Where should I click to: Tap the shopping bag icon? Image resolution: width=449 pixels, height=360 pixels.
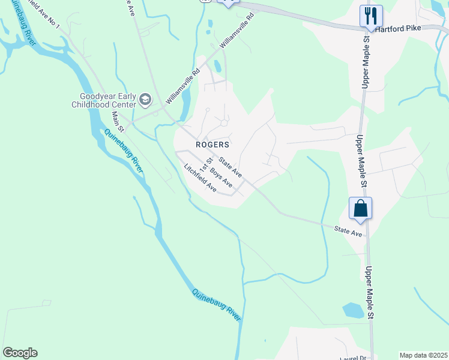coord(360,208)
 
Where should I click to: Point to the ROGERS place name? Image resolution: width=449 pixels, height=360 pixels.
coord(212,145)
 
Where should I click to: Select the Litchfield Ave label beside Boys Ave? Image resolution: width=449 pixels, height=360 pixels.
coord(200,178)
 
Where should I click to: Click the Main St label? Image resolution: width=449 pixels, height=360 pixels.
coord(118,121)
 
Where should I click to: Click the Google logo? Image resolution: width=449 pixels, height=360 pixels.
coord(20,353)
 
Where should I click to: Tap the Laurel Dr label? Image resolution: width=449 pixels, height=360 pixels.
coord(355,357)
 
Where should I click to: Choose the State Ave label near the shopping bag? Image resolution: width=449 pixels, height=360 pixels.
coord(348,231)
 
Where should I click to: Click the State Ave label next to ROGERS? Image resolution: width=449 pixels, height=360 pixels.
coord(230,167)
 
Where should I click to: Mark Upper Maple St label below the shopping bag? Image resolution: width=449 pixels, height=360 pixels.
coord(370,293)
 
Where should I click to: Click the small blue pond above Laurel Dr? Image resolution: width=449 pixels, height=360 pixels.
coord(353,310)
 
